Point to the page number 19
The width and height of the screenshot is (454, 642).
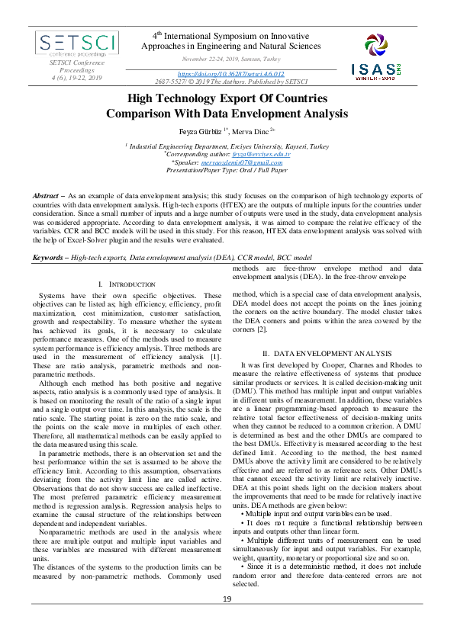(227, 620)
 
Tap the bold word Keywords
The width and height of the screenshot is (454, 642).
(49, 259)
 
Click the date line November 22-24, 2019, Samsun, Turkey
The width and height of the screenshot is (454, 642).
(231, 59)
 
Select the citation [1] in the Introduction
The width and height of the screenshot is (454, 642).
(216, 356)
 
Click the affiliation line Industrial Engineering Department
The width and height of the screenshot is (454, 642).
(227, 145)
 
